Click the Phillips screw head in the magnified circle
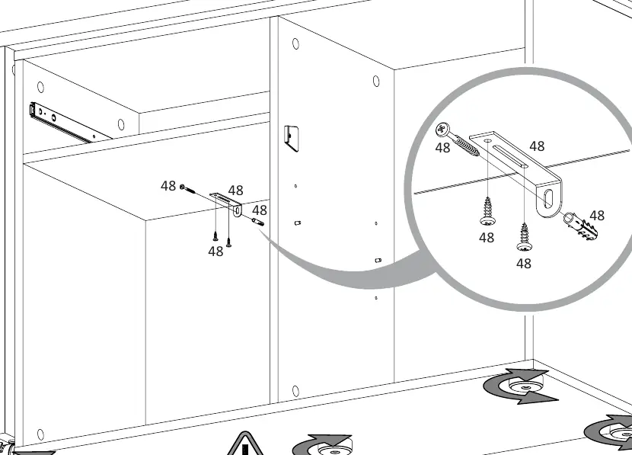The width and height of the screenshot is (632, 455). [442, 129]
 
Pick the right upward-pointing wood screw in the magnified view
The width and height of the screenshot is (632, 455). [525, 237]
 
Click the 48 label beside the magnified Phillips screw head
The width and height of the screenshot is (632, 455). [442, 148]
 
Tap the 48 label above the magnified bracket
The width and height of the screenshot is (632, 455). [537, 146]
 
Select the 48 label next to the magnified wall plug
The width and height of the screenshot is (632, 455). [597, 216]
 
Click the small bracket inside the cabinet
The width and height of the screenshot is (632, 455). [227, 203]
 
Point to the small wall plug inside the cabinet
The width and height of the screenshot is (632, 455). [258, 222]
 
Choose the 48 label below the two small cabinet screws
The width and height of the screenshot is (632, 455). [215, 252]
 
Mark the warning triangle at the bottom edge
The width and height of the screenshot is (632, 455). [244, 444]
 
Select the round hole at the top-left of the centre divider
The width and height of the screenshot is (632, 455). [296, 44]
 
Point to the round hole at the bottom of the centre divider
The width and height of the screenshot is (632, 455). [295, 391]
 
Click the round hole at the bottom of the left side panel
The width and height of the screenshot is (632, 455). [40, 434]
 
